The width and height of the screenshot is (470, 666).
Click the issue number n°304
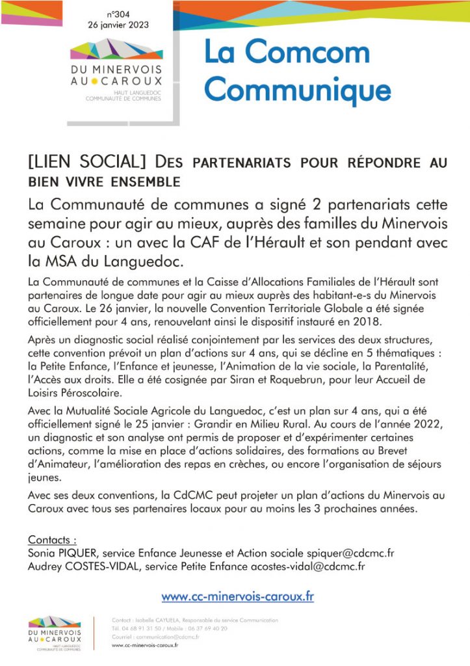pyautogui.click(x=118, y=14)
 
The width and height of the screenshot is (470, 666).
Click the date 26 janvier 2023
pyautogui.click(x=118, y=25)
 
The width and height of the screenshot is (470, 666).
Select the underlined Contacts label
pyautogui.click(x=53, y=540)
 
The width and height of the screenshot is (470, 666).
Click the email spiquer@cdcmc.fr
pyautogui.click(x=343, y=553)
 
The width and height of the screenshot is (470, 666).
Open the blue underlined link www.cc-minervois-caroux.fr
pyautogui.click(x=237, y=596)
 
